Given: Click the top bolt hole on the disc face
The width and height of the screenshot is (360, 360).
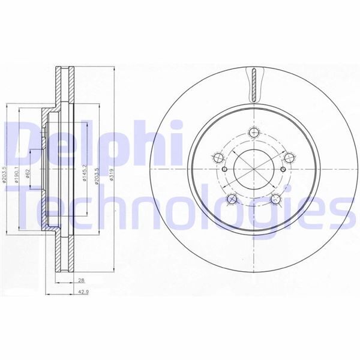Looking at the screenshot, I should [x=253, y=133].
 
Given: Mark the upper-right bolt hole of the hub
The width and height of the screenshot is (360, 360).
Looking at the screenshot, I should [x=290, y=158].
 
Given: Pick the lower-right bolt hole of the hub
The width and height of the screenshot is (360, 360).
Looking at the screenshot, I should [x=275, y=200].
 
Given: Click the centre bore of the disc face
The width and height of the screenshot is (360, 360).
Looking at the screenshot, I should [x=254, y=169].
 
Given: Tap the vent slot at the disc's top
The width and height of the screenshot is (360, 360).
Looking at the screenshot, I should [x=254, y=83].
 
